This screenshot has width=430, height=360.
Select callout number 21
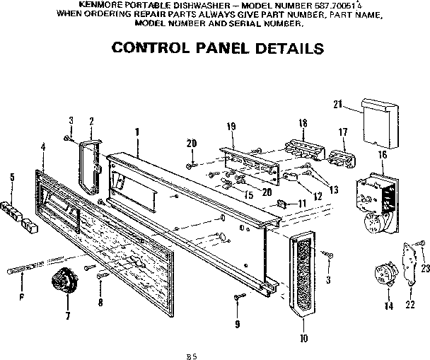337,105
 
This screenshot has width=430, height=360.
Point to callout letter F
21,297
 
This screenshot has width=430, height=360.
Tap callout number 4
44,146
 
